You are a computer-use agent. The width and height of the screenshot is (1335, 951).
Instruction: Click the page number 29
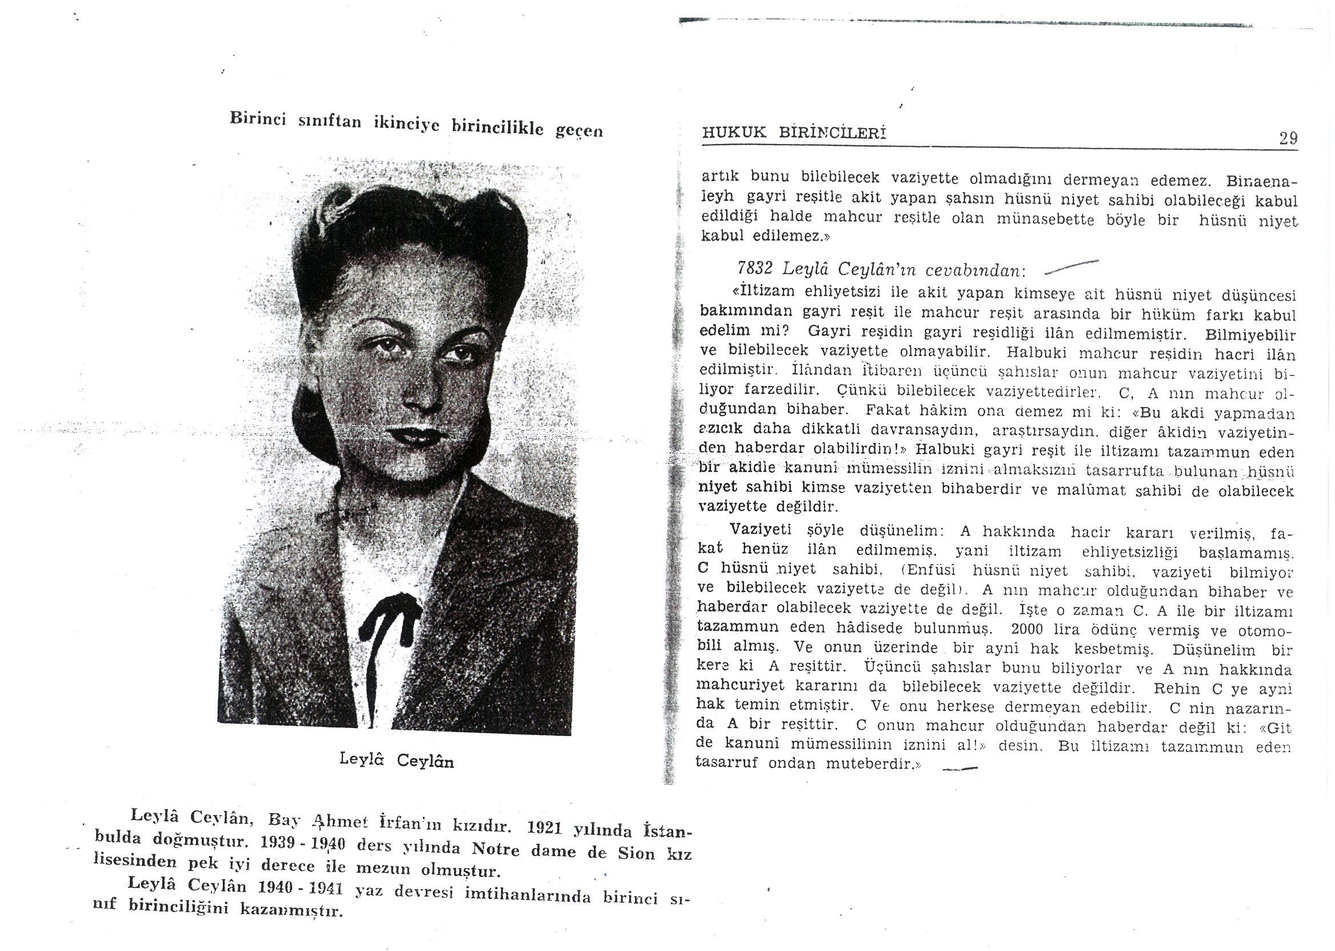pyautogui.click(x=1288, y=139)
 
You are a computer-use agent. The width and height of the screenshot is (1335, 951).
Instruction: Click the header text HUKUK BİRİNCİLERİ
pyautogui.click(x=793, y=133)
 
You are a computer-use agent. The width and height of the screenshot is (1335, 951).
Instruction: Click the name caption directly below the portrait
pyautogui.click(x=397, y=760)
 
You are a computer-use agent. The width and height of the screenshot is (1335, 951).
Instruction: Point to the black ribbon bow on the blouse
pyautogui.click(x=389, y=621)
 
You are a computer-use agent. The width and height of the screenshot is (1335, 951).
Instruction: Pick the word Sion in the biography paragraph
pyautogui.click(x=636, y=853)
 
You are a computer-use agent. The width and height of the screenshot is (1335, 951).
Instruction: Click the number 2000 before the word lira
pyautogui.click(x=1027, y=629)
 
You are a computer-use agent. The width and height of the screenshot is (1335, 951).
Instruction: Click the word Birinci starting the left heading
pyautogui.click(x=258, y=118)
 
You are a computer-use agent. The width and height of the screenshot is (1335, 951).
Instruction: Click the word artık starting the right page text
pyautogui.click(x=720, y=175)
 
